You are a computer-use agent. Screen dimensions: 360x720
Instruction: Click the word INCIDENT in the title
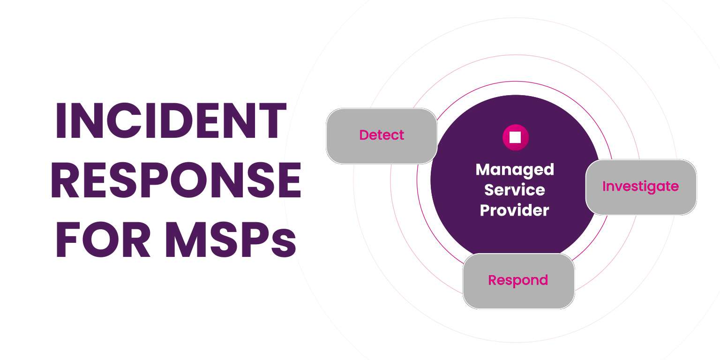tap(171, 121)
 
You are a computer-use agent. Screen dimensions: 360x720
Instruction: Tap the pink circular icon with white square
tap(515, 137)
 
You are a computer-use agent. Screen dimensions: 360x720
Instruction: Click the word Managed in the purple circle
tap(515, 169)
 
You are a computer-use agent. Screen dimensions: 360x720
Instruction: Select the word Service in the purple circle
tap(515, 190)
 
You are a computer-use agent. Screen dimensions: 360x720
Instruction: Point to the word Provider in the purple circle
tap(515, 210)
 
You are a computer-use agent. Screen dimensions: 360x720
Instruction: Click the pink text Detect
tap(382, 135)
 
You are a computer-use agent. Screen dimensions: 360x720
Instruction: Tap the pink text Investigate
tap(640, 186)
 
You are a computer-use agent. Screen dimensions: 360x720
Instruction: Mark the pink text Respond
tap(518, 280)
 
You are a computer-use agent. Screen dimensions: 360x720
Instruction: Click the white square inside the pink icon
tap(515, 137)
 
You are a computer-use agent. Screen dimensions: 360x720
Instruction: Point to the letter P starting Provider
tap(485, 210)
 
